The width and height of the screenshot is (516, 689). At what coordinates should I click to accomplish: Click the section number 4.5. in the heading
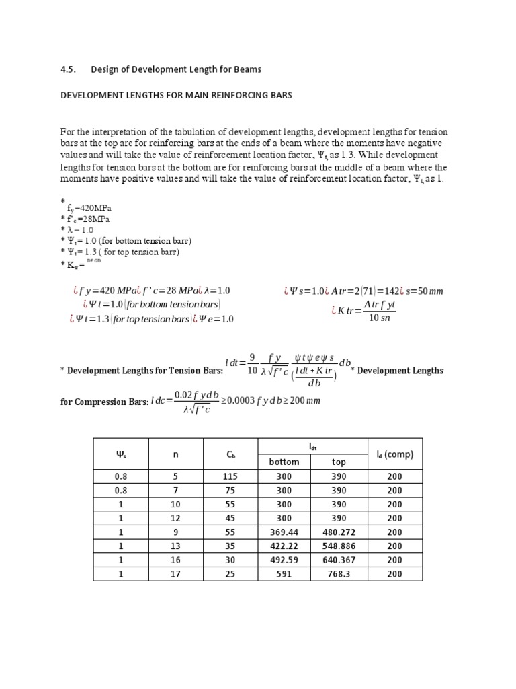(69, 69)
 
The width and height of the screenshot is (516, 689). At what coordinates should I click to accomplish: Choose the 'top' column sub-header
(339, 462)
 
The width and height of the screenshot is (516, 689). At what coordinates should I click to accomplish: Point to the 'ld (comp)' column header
(394, 454)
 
